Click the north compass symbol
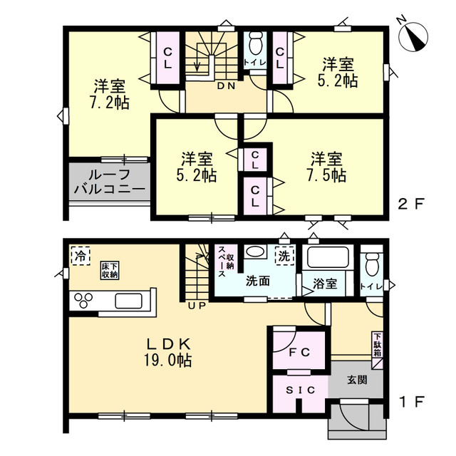[413, 35]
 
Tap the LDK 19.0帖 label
[167, 353]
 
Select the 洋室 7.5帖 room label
[326, 167]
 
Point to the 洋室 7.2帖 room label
[109, 94]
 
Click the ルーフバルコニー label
[110, 182]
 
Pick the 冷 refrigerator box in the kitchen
[81, 256]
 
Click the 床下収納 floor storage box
[110, 271]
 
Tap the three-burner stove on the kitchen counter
[83, 301]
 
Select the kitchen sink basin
[128, 301]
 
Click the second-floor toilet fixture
[255, 43]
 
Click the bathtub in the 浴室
[327, 256]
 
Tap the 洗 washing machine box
[284, 256]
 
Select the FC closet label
[299, 352]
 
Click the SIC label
[301, 390]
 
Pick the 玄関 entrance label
[357, 380]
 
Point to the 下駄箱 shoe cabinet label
[377, 345]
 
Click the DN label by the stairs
[227, 85]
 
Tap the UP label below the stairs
[197, 306]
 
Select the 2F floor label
[411, 204]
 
